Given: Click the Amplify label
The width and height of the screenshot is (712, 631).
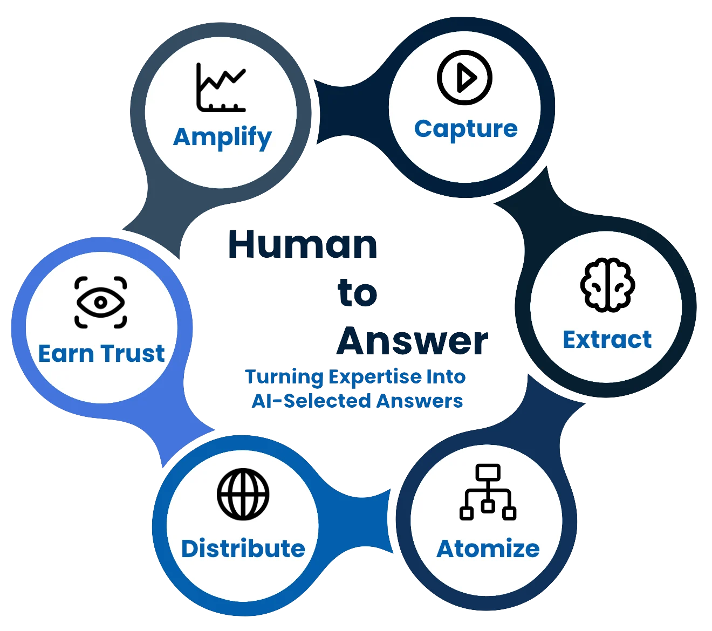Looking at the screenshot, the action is [222, 138].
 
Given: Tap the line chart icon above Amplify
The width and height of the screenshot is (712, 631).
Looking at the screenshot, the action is [221, 87].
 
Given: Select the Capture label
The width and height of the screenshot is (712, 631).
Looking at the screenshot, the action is [466, 129].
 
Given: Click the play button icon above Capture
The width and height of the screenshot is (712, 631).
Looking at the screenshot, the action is [464, 77].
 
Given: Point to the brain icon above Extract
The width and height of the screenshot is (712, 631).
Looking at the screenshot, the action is [607, 285].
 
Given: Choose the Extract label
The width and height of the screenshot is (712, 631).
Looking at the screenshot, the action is [607, 339].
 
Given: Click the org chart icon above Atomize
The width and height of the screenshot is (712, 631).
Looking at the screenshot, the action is [488, 492].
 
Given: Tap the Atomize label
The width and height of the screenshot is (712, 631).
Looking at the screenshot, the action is [488, 548].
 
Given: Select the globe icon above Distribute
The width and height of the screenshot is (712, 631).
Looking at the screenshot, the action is [243, 494].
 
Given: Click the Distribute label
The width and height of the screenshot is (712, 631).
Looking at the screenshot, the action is [243, 548].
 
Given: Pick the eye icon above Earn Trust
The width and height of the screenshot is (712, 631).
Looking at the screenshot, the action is [100, 303].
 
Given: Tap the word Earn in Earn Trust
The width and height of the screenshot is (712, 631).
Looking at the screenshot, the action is [66, 353].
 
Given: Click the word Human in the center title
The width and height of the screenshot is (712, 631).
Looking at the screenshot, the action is [303, 244].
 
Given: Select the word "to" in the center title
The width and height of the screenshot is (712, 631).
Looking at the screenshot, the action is [357, 292].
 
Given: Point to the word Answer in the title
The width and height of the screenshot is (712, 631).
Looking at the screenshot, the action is [413, 341].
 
